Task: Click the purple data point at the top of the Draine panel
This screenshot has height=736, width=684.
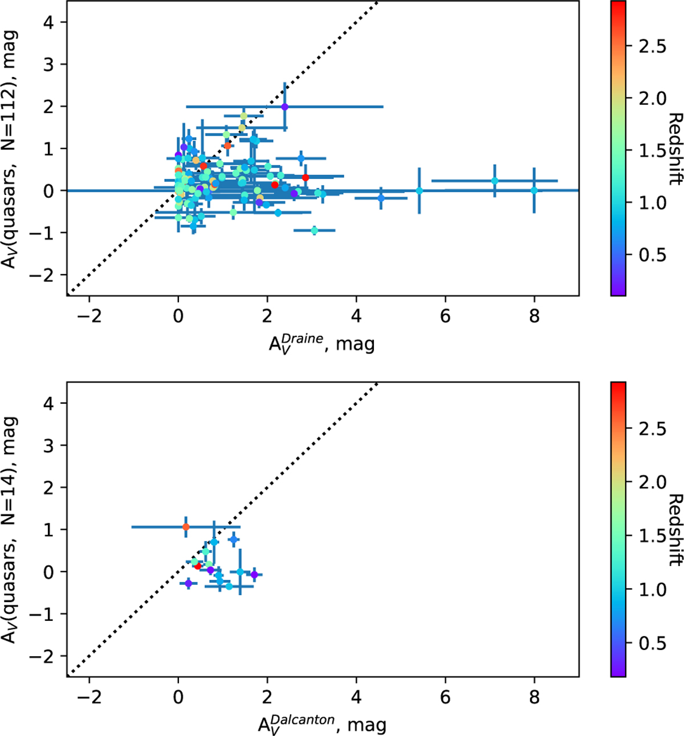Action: [284, 107]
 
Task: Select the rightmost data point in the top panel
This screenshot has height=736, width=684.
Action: [534, 190]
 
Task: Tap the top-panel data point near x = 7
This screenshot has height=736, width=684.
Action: [495, 181]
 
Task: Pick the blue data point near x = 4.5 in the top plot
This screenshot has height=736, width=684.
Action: [381, 198]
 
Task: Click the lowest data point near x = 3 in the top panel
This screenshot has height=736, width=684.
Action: [314, 230]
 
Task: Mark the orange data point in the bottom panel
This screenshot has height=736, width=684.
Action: [186, 527]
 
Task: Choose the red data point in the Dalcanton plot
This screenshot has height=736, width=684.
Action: [198, 566]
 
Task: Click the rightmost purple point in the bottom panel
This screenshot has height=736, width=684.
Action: [254, 575]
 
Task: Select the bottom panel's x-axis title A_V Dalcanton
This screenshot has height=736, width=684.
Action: [322, 724]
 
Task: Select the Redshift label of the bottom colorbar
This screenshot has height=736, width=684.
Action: [675, 530]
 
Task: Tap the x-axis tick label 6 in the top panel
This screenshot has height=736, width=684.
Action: [445, 315]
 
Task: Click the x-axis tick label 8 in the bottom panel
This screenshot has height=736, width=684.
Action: [534, 697]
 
